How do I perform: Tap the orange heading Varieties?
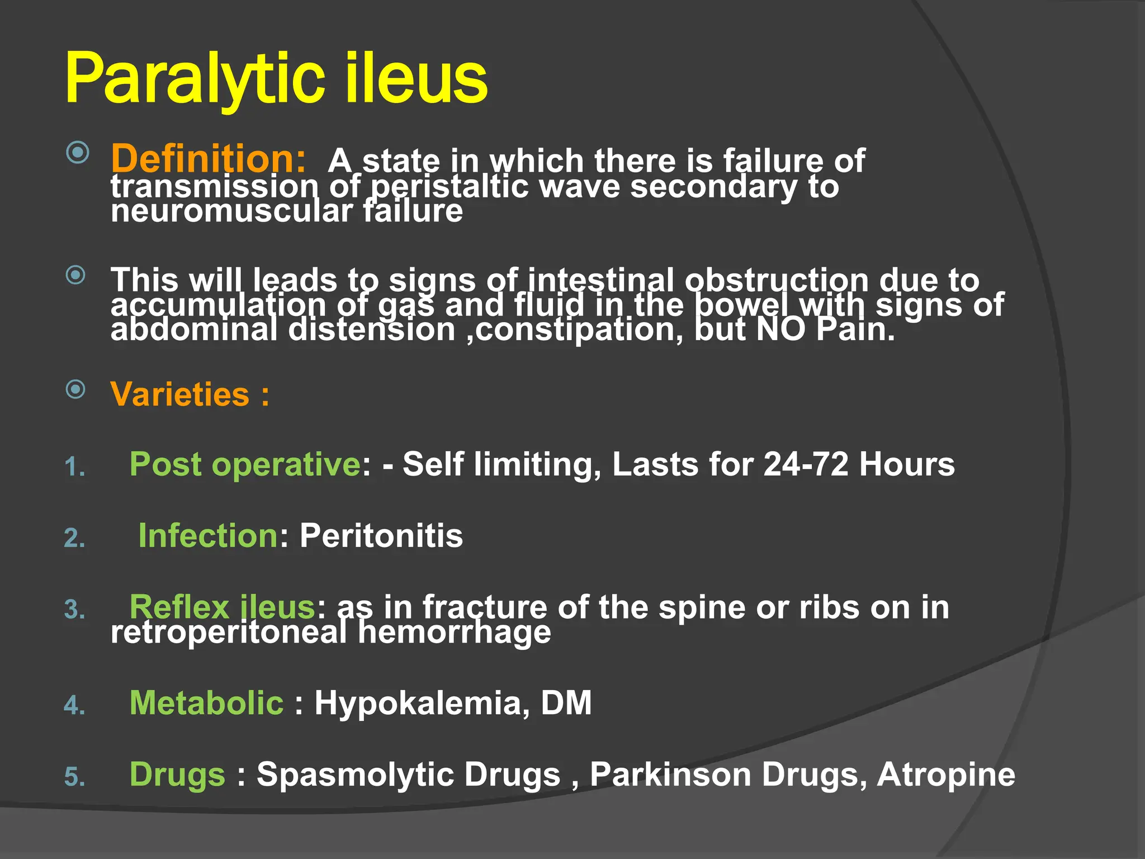tap(180, 394)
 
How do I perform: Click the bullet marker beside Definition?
tap(77, 153)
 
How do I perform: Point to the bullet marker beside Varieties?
tap(76, 389)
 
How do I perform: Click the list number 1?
tap(74, 467)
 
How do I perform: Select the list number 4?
tap(74, 705)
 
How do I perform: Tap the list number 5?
tap(74, 777)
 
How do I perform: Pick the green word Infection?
tap(208, 536)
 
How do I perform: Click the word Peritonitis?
tap(381, 536)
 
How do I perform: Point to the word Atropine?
tap(946, 775)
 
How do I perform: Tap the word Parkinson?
tap(670, 775)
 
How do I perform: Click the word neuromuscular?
tap(231, 211)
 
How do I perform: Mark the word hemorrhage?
tap(454, 633)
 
